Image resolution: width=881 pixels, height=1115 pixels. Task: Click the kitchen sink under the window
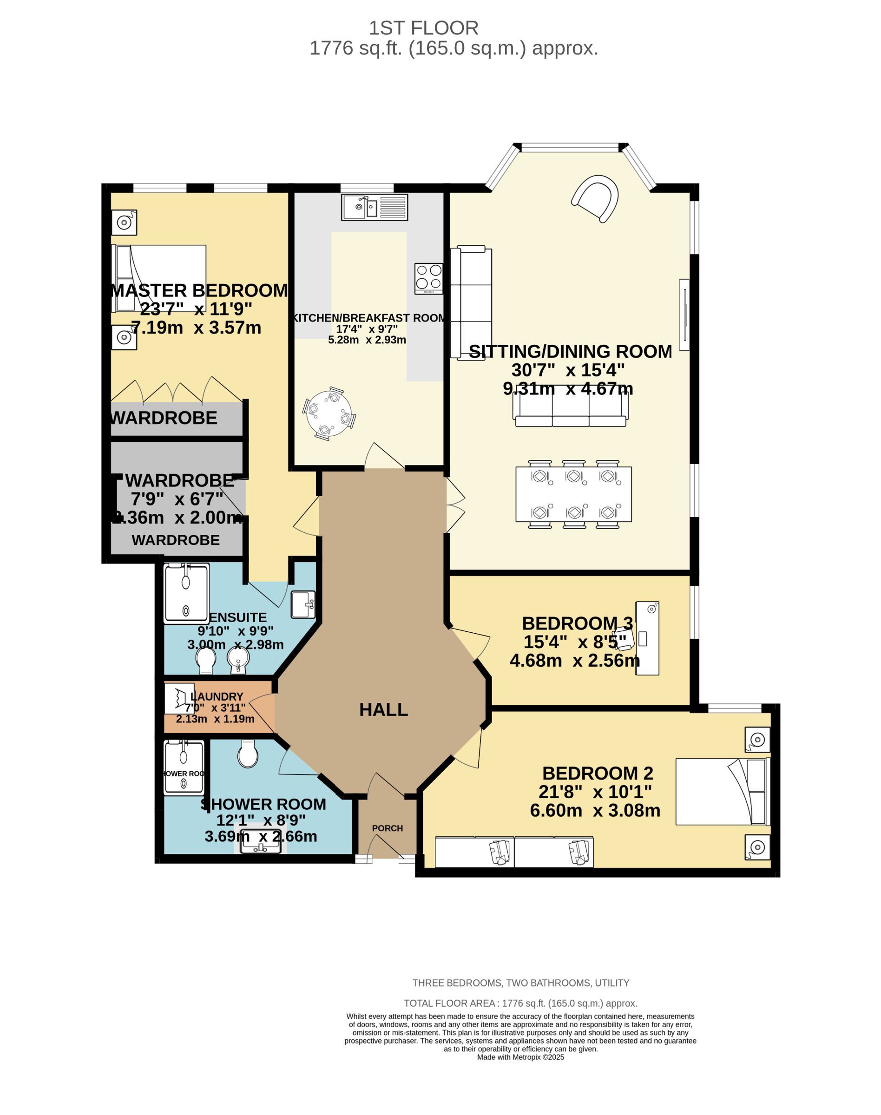(x=375, y=207)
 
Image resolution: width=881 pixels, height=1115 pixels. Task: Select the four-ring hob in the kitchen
(x=428, y=278)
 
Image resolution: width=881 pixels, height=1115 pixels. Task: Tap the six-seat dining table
(x=573, y=494)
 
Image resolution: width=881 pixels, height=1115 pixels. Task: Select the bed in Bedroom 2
(x=722, y=792)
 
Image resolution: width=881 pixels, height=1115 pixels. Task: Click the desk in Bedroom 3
(x=647, y=638)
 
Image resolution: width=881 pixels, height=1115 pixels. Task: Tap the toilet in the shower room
(x=248, y=754)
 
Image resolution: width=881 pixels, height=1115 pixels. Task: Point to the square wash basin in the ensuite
(x=303, y=604)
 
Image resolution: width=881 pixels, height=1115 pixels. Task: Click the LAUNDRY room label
(x=217, y=697)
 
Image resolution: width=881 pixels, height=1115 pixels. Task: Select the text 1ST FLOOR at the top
(x=423, y=28)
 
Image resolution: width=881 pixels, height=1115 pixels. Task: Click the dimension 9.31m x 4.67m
(x=568, y=389)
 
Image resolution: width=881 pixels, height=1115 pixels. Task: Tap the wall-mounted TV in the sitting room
(x=684, y=315)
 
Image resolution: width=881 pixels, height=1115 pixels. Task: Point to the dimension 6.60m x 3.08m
(x=595, y=810)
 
